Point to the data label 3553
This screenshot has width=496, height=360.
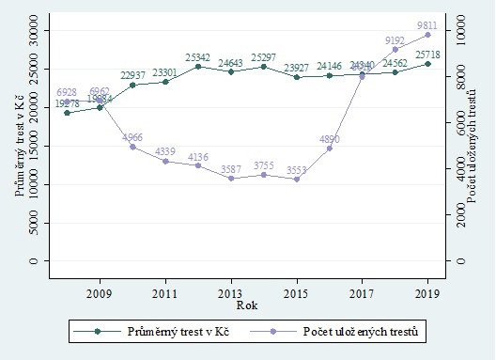click(x=296, y=170)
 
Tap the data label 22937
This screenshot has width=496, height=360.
click(x=132, y=76)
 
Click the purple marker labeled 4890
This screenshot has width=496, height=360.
click(x=329, y=149)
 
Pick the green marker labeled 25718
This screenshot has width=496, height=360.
click(x=427, y=64)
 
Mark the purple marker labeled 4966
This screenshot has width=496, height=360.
click(x=132, y=147)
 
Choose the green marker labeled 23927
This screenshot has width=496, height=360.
click(x=296, y=77)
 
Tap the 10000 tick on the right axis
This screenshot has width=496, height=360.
click(x=460, y=31)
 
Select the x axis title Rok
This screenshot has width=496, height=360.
click(x=246, y=305)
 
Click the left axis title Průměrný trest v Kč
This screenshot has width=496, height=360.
click(x=19, y=146)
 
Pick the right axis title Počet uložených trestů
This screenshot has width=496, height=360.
click(x=477, y=146)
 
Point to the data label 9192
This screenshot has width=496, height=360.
click(x=395, y=40)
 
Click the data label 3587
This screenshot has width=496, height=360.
click(x=230, y=169)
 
